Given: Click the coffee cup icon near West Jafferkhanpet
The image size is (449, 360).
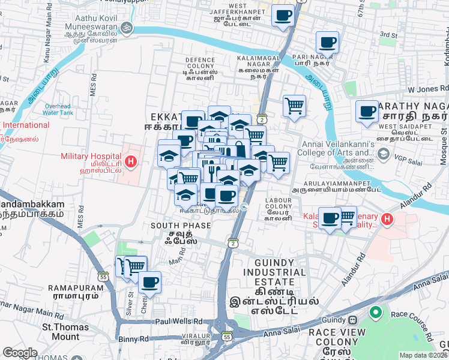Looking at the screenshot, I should (283, 16).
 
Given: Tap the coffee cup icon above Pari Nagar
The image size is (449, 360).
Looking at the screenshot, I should (328, 42).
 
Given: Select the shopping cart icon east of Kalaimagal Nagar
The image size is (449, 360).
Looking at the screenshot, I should (294, 106).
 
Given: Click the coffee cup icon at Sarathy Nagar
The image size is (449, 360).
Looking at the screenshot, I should (367, 111).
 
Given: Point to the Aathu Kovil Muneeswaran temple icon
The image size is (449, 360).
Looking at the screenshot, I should (126, 27).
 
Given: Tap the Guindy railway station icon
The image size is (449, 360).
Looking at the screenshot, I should (354, 320).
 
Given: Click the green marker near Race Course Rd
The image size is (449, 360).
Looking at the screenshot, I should (376, 313).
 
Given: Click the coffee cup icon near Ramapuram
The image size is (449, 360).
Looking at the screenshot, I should (149, 281).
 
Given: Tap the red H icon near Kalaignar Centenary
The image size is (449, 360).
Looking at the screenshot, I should (387, 220).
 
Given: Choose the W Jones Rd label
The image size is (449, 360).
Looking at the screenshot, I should (427, 89).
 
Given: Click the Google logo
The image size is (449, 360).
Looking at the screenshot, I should (20, 353).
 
